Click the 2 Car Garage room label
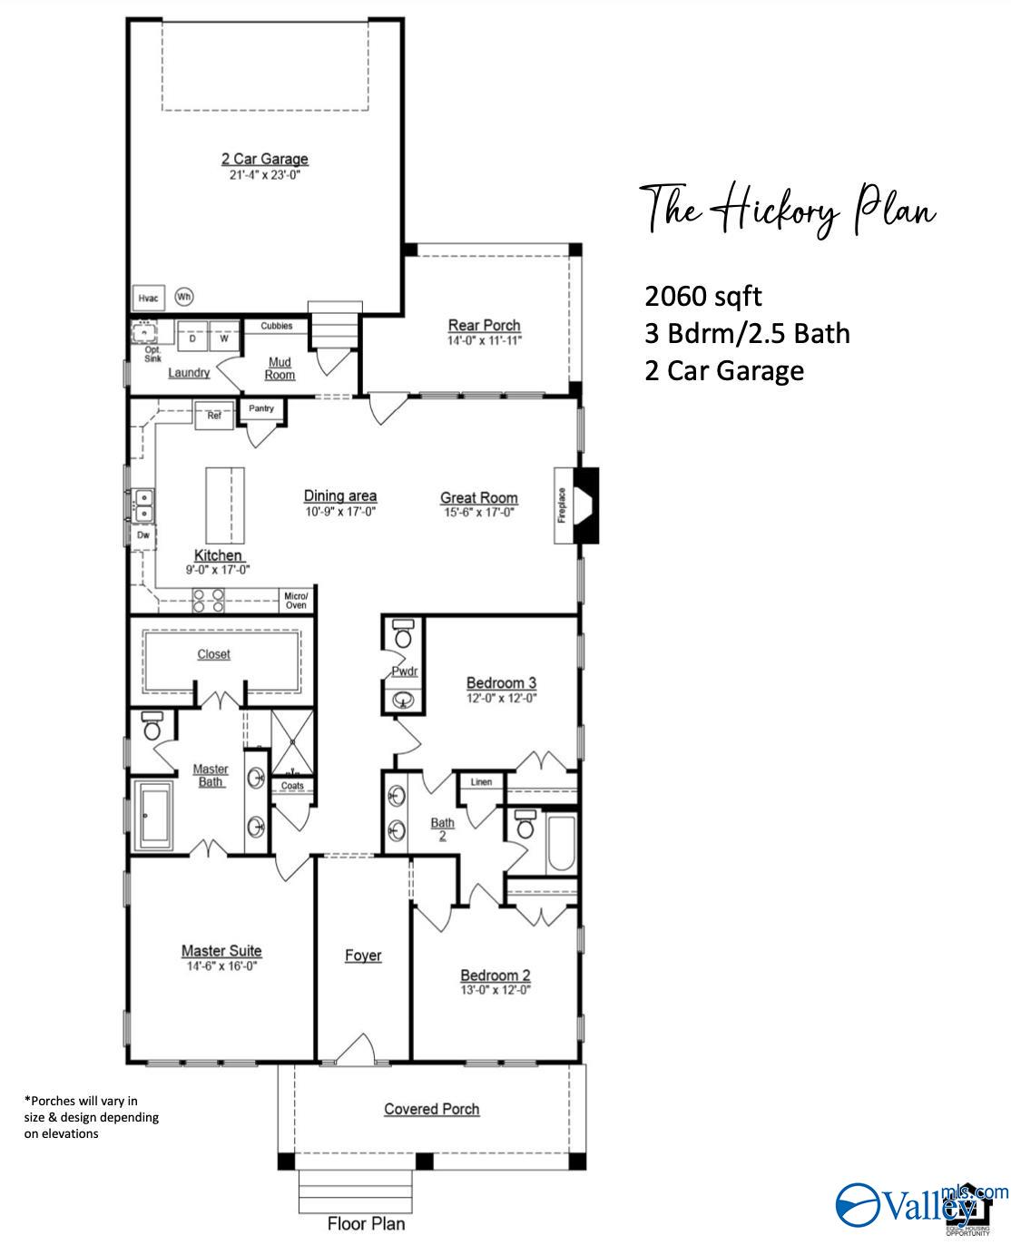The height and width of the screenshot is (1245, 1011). click(264, 159)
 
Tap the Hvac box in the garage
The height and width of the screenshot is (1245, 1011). click(148, 299)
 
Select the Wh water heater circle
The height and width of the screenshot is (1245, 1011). click(184, 297)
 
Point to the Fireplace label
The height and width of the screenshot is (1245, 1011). click(562, 505)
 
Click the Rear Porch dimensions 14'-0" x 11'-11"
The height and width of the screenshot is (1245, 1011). click(485, 341)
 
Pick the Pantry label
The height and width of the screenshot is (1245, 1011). click(261, 409)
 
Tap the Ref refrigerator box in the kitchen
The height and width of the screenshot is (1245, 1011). click(214, 416)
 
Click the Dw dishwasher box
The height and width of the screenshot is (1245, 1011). click(143, 535)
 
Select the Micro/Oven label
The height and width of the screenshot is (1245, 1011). click(296, 600)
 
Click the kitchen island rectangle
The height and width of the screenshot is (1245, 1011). click(225, 504)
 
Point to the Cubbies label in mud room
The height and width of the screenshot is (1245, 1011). click(277, 327)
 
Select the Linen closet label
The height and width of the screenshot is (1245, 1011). click(481, 782)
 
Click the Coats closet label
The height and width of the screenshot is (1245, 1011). click(292, 786)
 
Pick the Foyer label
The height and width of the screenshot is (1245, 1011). click(363, 956)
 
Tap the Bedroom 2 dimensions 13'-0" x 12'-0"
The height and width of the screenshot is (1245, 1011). click(495, 990)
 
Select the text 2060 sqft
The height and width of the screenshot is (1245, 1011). click(703, 296)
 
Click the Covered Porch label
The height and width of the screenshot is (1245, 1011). click(431, 1109)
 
